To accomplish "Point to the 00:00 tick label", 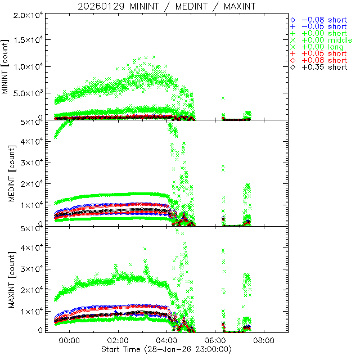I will click(x=70, y=341).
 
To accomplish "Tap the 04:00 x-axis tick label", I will click(x=166, y=341).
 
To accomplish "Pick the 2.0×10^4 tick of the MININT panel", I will click(x=29, y=14).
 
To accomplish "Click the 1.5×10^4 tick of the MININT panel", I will click(x=29, y=40).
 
